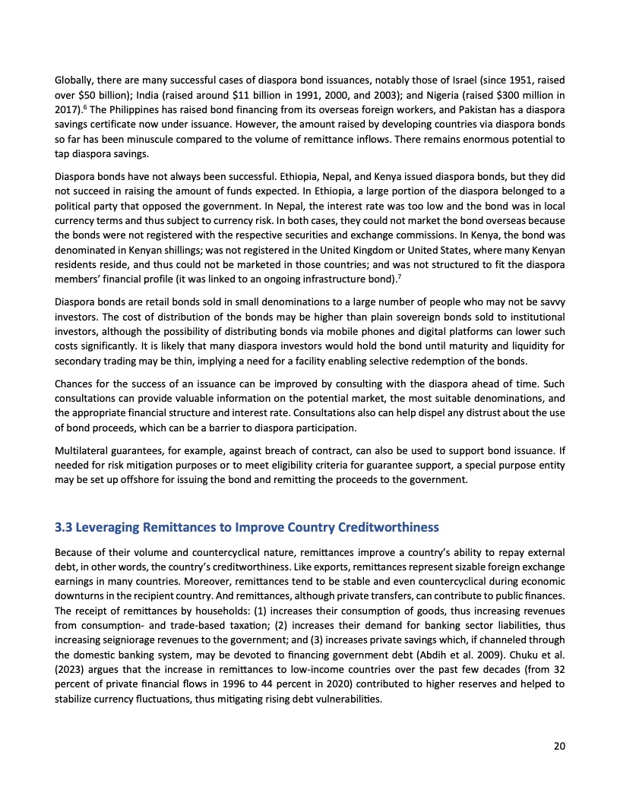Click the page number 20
(x=559, y=746)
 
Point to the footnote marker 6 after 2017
(x=83, y=108)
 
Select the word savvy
(x=552, y=302)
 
